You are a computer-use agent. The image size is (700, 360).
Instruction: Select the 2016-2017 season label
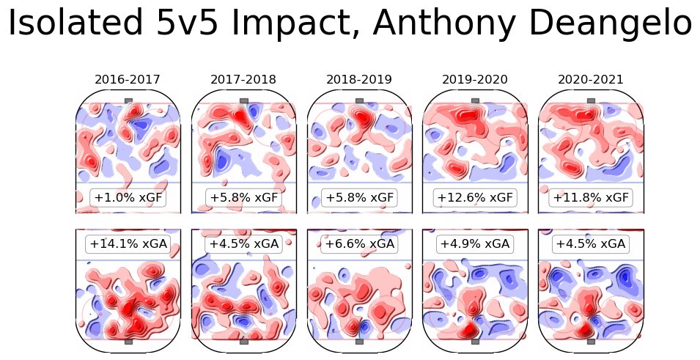tap(128, 79)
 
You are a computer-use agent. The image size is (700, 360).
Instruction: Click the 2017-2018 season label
tap(244, 79)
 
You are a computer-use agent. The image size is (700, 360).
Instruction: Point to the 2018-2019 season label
tap(359, 79)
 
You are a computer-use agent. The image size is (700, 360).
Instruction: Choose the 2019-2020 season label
tap(475, 79)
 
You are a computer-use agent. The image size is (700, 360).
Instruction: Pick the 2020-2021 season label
tap(591, 79)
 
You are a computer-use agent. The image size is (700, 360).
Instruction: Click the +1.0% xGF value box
tap(128, 197)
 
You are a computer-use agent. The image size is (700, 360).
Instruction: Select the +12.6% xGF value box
tap(475, 197)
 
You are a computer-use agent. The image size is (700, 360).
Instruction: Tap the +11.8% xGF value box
tap(591, 197)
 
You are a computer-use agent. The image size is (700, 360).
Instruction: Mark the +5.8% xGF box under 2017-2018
tap(244, 197)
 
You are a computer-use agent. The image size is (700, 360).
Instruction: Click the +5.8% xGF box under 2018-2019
tap(359, 197)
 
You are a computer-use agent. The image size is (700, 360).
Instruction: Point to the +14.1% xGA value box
tap(128, 243)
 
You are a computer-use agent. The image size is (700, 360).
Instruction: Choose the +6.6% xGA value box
tap(359, 243)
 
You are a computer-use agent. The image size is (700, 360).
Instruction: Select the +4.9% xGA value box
tap(475, 243)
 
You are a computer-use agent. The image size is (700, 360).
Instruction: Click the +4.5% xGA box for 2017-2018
tap(244, 243)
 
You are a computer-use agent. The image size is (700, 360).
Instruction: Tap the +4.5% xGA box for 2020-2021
tap(591, 243)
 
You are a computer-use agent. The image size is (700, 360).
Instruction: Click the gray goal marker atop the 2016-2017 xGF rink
tap(129, 100)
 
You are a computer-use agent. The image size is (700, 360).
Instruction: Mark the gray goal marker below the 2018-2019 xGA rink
tap(360, 341)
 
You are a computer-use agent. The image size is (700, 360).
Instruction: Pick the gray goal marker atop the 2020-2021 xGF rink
tap(591, 100)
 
